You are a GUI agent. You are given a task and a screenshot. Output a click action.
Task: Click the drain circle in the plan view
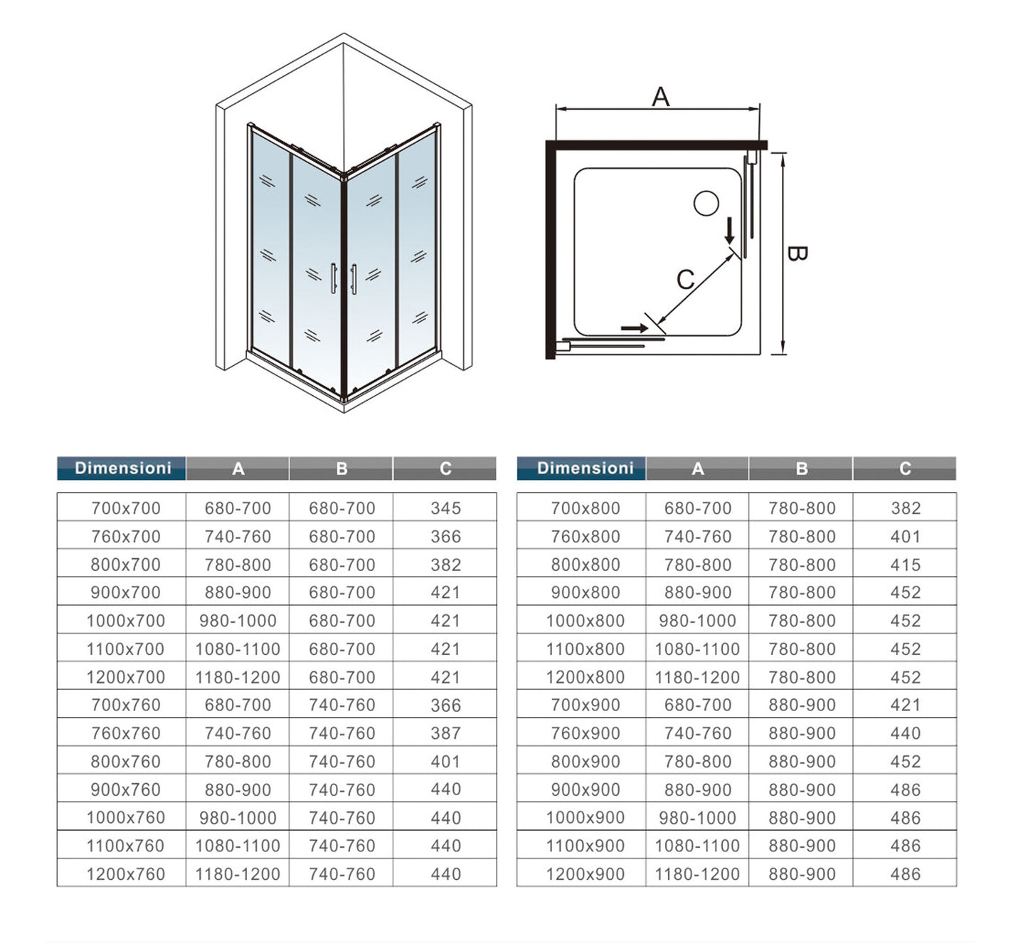click(x=706, y=204)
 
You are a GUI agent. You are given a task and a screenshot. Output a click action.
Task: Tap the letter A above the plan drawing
click(x=660, y=97)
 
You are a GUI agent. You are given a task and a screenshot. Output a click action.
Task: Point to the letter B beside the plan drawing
click(x=797, y=253)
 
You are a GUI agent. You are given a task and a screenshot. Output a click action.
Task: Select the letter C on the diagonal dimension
click(x=685, y=279)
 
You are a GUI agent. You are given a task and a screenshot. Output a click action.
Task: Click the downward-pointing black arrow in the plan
click(x=729, y=230)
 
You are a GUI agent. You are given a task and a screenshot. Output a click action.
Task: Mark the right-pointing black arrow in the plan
click(x=635, y=328)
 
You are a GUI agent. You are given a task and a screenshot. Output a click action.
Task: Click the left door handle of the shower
click(x=333, y=278)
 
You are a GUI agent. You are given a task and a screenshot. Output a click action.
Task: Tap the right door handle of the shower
click(x=354, y=279)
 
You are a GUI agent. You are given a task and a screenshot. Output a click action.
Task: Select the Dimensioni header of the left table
click(x=122, y=468)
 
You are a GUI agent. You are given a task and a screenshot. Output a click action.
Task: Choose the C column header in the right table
click(x=905, y=468)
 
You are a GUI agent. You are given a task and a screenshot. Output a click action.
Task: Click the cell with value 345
click(x=445, y=508)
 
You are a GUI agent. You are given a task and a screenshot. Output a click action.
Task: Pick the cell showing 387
click(x=445, y=733)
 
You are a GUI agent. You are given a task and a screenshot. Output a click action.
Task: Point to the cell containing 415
click(x=905, y=565)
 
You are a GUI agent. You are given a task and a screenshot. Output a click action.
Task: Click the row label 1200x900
click(x=585, y=874)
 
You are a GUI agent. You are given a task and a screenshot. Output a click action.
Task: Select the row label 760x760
click(x=126, y=733)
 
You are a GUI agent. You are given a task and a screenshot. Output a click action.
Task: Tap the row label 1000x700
click(x=126, y=621)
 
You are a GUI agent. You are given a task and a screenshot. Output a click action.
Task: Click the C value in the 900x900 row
click(x=905, y=790)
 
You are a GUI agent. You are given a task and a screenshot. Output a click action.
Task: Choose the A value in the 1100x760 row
click(x=238, y=846)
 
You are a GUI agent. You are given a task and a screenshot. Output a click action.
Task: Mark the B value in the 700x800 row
click(x=802, y=508)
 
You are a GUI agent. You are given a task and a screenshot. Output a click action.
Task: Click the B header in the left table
click(x=341, y=468)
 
